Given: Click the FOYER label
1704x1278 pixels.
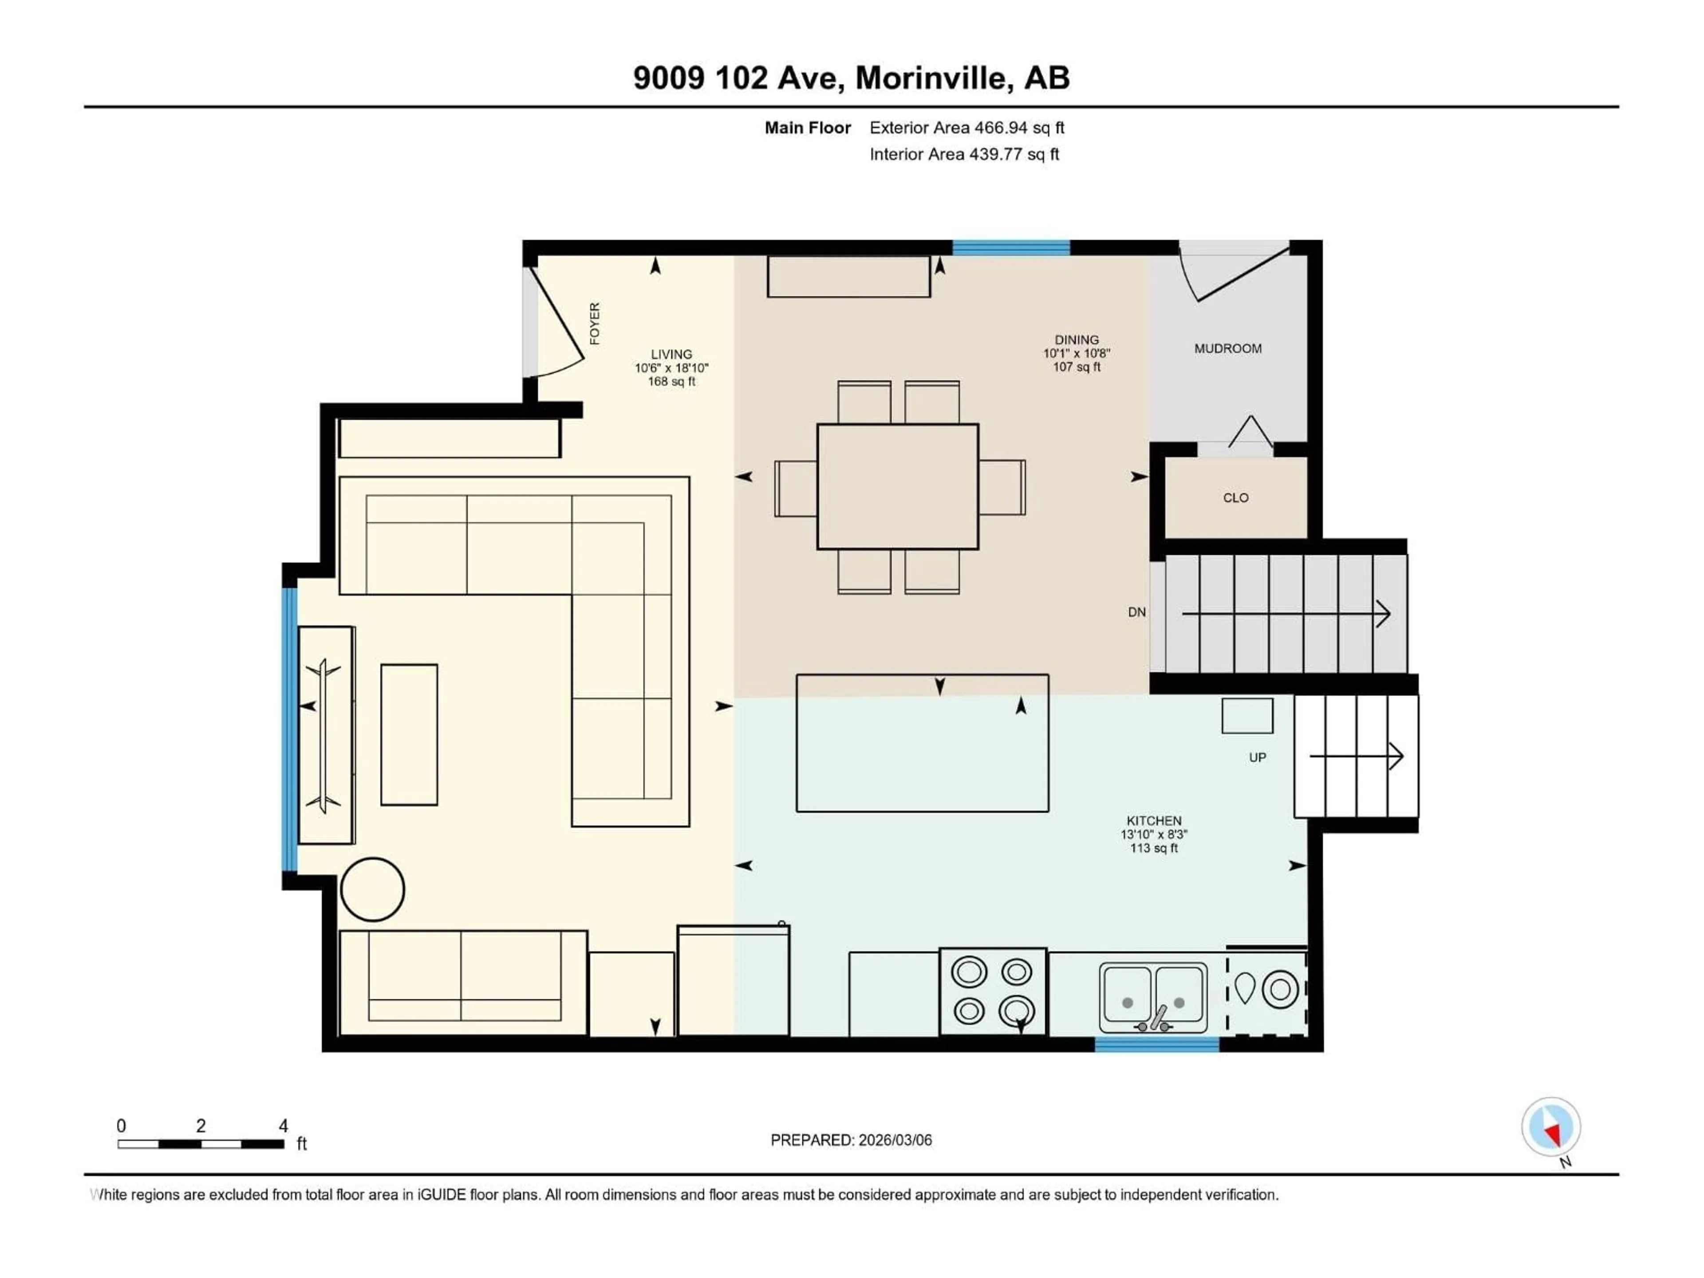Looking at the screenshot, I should point(594,323).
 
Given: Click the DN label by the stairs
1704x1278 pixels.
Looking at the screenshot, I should point(1136,612).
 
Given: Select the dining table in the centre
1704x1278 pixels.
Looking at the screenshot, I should point(897,486).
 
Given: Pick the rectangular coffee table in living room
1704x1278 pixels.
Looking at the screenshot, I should point(409,734).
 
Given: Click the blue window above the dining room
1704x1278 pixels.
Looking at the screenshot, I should point(1011,247).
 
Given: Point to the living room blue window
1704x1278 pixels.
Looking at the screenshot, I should point(290,728).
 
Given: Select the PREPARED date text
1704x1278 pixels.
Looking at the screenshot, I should point(851,1140).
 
